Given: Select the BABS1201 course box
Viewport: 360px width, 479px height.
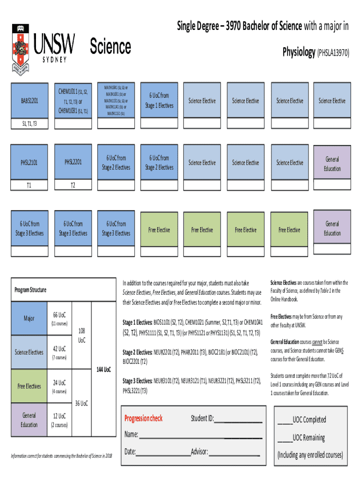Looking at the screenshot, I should pos(29,101).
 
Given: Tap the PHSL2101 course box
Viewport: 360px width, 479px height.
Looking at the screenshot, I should pos(29,163).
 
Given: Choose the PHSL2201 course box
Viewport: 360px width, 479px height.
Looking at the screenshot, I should pos(73,162).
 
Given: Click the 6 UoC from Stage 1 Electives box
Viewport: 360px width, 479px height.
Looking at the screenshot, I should pos(159,101).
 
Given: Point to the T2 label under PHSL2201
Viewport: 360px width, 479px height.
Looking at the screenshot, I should pos(73,185).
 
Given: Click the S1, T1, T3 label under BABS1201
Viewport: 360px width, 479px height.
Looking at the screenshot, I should pos(29,124).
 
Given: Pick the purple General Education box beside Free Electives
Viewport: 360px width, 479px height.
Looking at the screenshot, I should pos(332,229).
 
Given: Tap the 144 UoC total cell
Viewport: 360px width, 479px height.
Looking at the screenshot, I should pos(103,370).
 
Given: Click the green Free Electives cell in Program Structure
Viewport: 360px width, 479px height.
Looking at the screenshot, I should pos(29,386).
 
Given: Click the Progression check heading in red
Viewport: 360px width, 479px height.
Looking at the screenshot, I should pos(144,418).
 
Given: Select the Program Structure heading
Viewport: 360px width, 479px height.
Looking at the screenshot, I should pos(30,290).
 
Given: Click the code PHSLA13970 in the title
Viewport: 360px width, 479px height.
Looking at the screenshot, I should pos(334,53).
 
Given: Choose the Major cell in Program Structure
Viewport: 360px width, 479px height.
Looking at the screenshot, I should pos(29,319).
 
